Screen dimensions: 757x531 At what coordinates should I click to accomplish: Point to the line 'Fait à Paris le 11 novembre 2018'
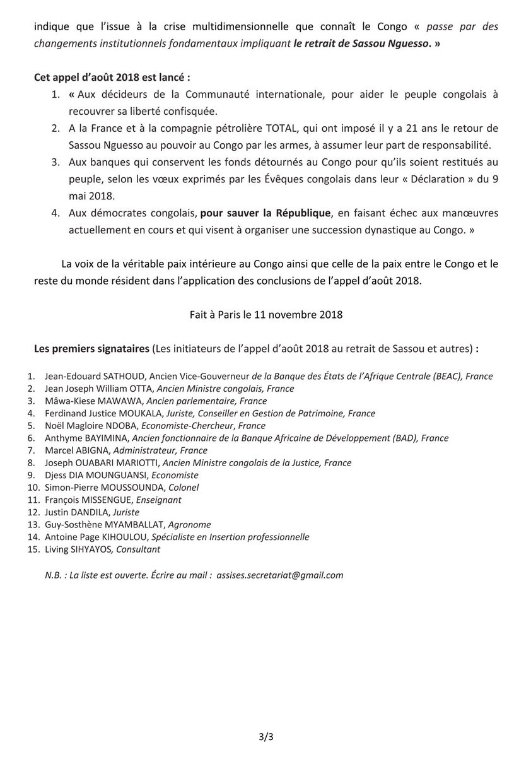pos(265,314)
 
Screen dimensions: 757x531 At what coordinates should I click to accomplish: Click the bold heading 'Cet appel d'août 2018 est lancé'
pos(112,77)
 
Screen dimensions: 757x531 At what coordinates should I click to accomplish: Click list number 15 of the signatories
pos(33,549)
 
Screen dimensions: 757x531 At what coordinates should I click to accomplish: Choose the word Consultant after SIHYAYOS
pos(137,549)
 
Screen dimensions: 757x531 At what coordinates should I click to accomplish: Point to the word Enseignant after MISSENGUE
pos(160,500)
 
